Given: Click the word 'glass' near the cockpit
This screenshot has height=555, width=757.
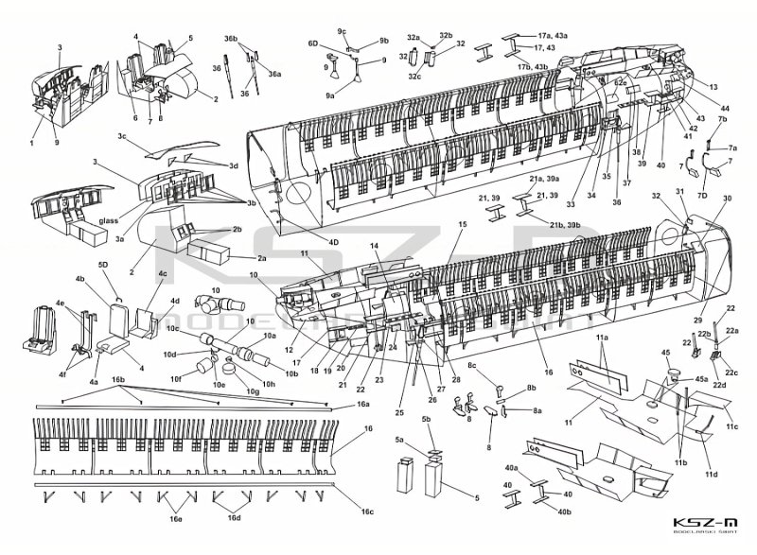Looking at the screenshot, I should (108, 223).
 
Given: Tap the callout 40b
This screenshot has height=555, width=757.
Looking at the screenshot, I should (565, 511).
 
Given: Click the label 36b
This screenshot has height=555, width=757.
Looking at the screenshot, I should (231, 38).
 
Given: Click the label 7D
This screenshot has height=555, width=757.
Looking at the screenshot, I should (702, 195).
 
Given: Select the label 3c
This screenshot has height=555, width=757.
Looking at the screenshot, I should (122, 137).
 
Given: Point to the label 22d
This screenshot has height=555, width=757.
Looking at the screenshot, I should (719, 385).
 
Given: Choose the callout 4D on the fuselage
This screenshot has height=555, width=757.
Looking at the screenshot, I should (333, 241).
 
